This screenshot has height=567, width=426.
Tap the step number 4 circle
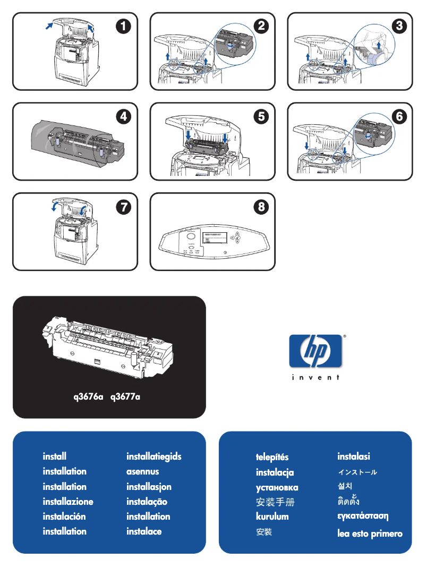[x=122, y=117]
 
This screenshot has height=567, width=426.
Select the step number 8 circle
[x=260, y=207]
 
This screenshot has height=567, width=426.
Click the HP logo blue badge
[x=316, y=351]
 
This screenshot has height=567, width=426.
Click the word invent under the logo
[x=316, y=378]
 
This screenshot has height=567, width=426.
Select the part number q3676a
[x=88, y=396]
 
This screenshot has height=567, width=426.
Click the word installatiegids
[x=154, y=456]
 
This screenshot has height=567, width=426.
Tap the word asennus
[x=142, y=471]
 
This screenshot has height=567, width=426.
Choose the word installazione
[x=68, y=502]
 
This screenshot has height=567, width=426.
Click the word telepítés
[x=272, y=457]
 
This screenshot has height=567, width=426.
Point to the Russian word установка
[x=277, y=487]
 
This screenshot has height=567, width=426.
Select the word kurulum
[x=272, y=517]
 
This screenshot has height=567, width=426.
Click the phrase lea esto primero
[x=370, y=534]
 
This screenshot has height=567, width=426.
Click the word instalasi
[x=354, y=456]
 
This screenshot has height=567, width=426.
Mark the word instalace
[x=144, y=531]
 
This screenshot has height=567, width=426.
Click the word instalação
[x=147, y=502]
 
